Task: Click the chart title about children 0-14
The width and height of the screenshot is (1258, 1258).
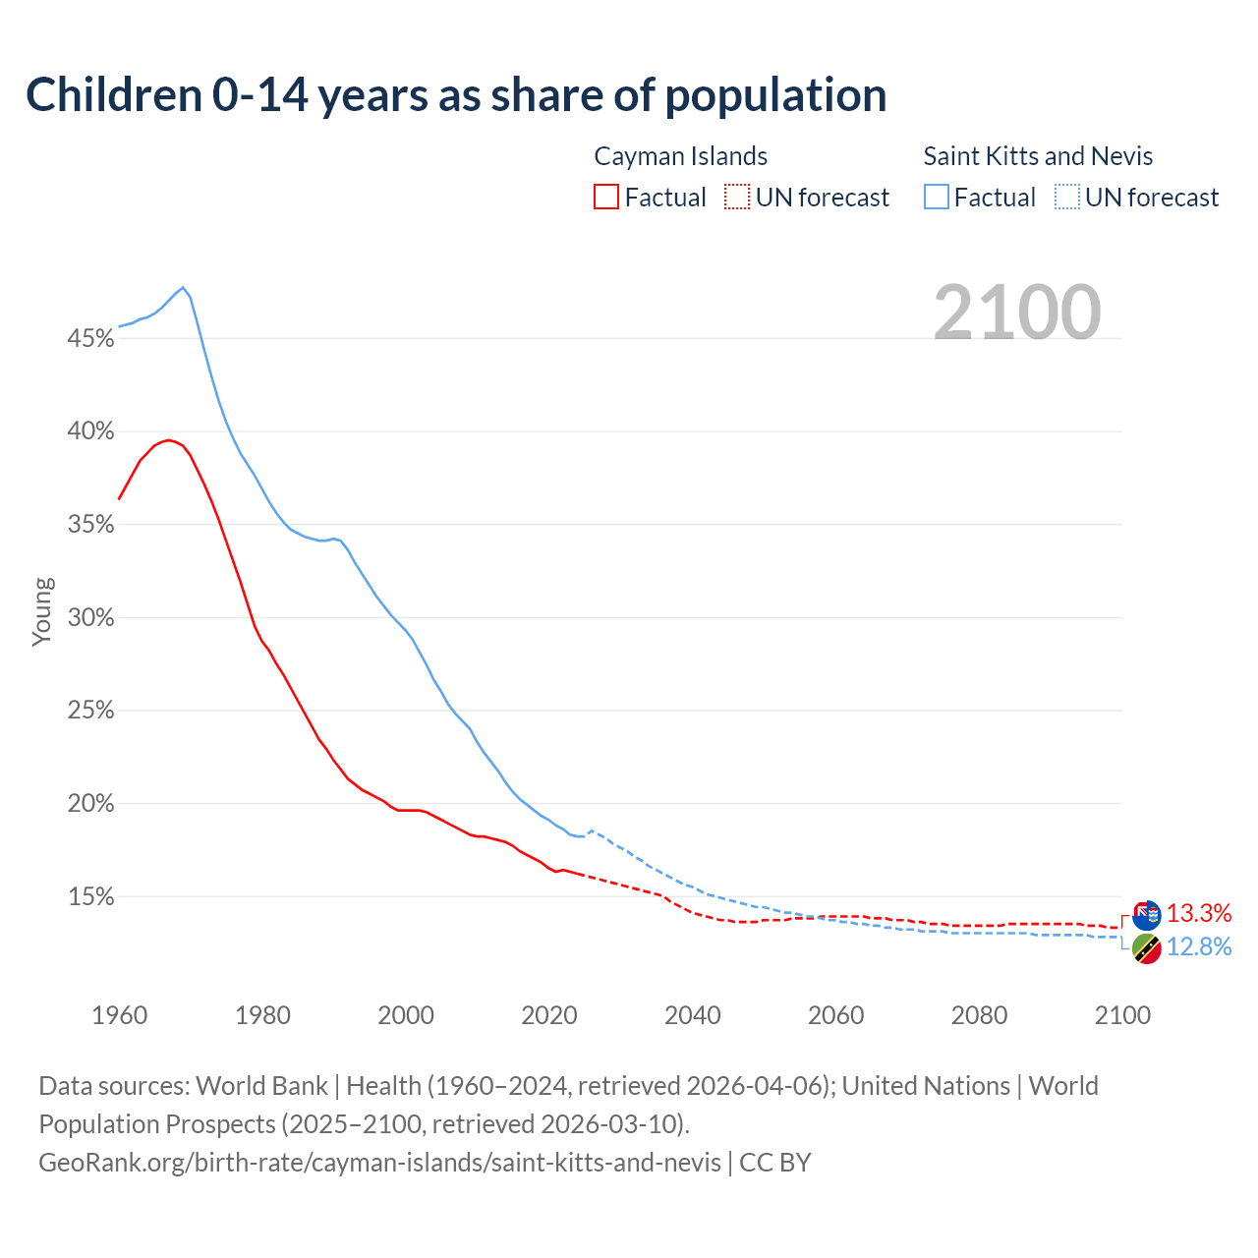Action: point(456,95)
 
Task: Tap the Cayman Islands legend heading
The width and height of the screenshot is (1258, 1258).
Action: point(680,156)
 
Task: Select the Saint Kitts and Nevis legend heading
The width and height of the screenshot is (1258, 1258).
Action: point(1038,156)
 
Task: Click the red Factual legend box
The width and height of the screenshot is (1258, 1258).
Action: point(606,198)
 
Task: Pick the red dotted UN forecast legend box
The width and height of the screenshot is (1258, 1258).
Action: point(737,198)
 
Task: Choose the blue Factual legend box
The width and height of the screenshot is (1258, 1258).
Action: point(937,198)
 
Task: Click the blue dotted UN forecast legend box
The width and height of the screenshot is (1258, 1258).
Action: point(1067,198)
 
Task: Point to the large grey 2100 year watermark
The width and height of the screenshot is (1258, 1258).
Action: point(1017,313)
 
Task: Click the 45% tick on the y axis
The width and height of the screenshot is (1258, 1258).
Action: point(90,339)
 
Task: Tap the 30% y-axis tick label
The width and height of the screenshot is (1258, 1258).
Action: point(90,618)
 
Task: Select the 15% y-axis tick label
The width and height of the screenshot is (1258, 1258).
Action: point(90,897)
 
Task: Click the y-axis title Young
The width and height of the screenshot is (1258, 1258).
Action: point(42,611)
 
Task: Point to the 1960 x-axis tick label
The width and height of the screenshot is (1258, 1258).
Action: point(119,1015)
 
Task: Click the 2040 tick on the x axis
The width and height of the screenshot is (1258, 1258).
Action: point(693,1015)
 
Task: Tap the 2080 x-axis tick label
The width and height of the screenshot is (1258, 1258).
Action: point(979,1015)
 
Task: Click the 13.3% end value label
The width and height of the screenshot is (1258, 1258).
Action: point(1199,913)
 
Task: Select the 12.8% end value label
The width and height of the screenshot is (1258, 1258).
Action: point(1199,946)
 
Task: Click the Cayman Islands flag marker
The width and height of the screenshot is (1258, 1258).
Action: point(1147,915)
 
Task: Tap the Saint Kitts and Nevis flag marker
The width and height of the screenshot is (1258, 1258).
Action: point(1147,948)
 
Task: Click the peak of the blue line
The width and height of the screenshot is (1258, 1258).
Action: point(183,288)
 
